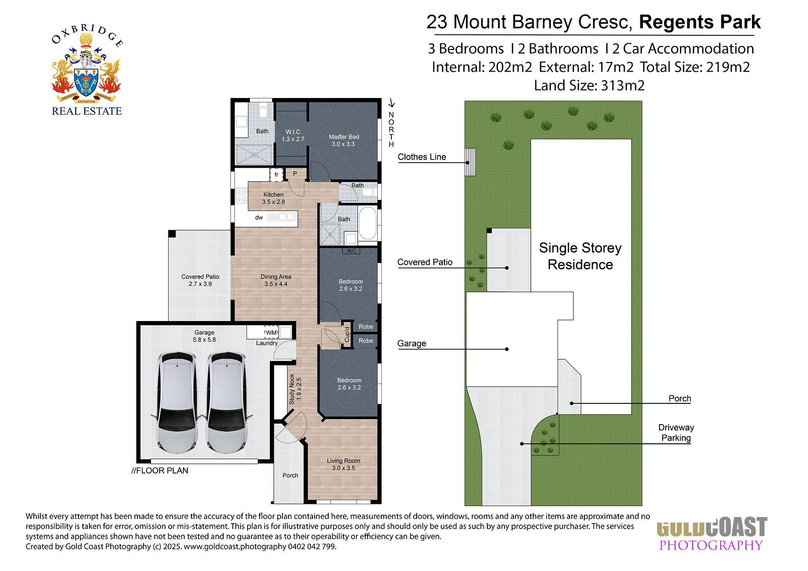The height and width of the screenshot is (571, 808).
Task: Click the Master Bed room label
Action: [344, 140]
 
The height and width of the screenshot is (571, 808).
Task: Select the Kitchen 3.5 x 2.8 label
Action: [273, 198]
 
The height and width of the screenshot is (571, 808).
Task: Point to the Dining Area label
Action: [276, 280]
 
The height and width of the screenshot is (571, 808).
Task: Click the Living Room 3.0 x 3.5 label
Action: [343, 464]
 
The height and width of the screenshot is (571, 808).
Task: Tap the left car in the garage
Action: [177, 402]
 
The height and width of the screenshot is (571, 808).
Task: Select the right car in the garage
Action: [227, 402]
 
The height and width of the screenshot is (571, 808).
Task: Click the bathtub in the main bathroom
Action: [368, 223]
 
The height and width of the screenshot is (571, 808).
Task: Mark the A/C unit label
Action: [351, 251]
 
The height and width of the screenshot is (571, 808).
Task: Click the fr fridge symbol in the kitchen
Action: [277, 175]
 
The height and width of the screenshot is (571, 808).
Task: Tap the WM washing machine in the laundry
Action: [271, 332]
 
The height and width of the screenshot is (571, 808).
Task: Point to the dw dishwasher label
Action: [259, 218]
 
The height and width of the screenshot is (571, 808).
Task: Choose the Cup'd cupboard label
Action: [347, 334]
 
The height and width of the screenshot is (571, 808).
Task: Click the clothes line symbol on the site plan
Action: [470, 162]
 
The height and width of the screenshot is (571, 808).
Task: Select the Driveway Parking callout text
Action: [676, 433]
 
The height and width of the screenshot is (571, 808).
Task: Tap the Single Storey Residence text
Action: [580, 256]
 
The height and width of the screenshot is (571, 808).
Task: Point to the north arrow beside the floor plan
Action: [391, 103]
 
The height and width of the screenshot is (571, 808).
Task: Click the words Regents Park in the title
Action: [700, 22]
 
